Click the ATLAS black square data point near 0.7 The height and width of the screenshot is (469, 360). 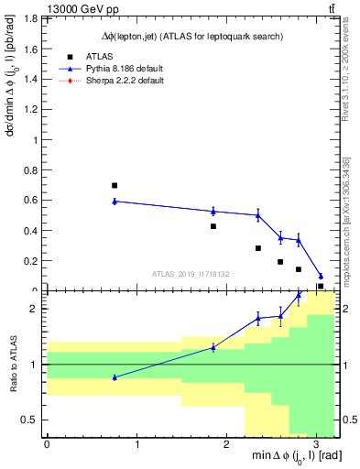(x=115, y=185)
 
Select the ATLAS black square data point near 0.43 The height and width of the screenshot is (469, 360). (x=213, y=226)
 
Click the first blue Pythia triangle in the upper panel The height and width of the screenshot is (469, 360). (x=115, y=201)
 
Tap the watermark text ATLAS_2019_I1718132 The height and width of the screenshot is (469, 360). (x=191, y=273)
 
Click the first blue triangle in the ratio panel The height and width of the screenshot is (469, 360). (x=115, y=377)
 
